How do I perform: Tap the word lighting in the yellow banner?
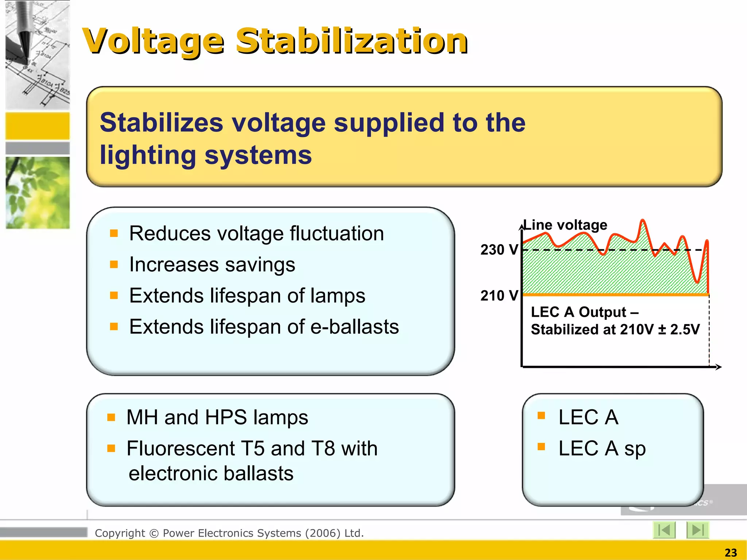click(x=148, y=155)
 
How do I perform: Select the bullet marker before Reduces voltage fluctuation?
click(x=114, y=233)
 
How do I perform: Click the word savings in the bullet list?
click(x=260, y=265)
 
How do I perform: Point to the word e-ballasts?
click(x=354, y=327)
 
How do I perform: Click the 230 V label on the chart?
click(x=499, y=250)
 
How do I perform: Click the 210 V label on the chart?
click(x=499, y=295)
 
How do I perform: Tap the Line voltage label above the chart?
click(x=565, y=225)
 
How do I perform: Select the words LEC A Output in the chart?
click(x=578, y=312)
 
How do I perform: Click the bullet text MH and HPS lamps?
click(x=217, y=417)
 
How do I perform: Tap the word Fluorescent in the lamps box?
click(x=181, y=448)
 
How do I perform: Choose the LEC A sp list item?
click(x=602, y=448)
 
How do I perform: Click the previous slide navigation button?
click(x=664, y=530)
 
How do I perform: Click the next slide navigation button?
click(x=697, y=530)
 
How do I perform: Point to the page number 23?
click(x=731, y=553)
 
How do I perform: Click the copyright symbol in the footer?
click(x=154, y=533)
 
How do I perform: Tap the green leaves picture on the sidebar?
click(x=38, y=192)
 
